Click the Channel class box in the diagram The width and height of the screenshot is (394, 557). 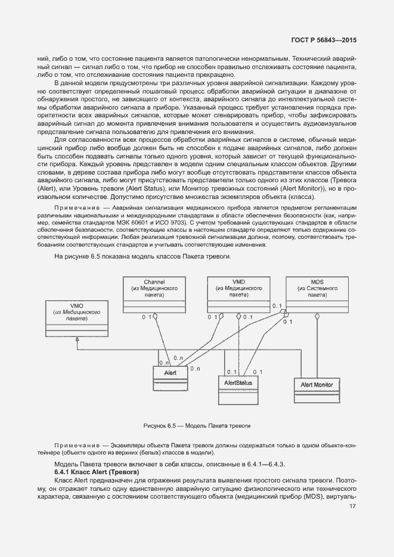pos(154,294)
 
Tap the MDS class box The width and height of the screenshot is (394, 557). pos(317,294)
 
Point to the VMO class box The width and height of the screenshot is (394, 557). pos(76,318)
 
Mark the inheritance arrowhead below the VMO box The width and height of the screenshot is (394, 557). pos(76,338)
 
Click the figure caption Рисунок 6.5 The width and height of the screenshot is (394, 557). pos(197,426)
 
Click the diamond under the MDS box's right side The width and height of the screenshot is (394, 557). pos(317,317)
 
